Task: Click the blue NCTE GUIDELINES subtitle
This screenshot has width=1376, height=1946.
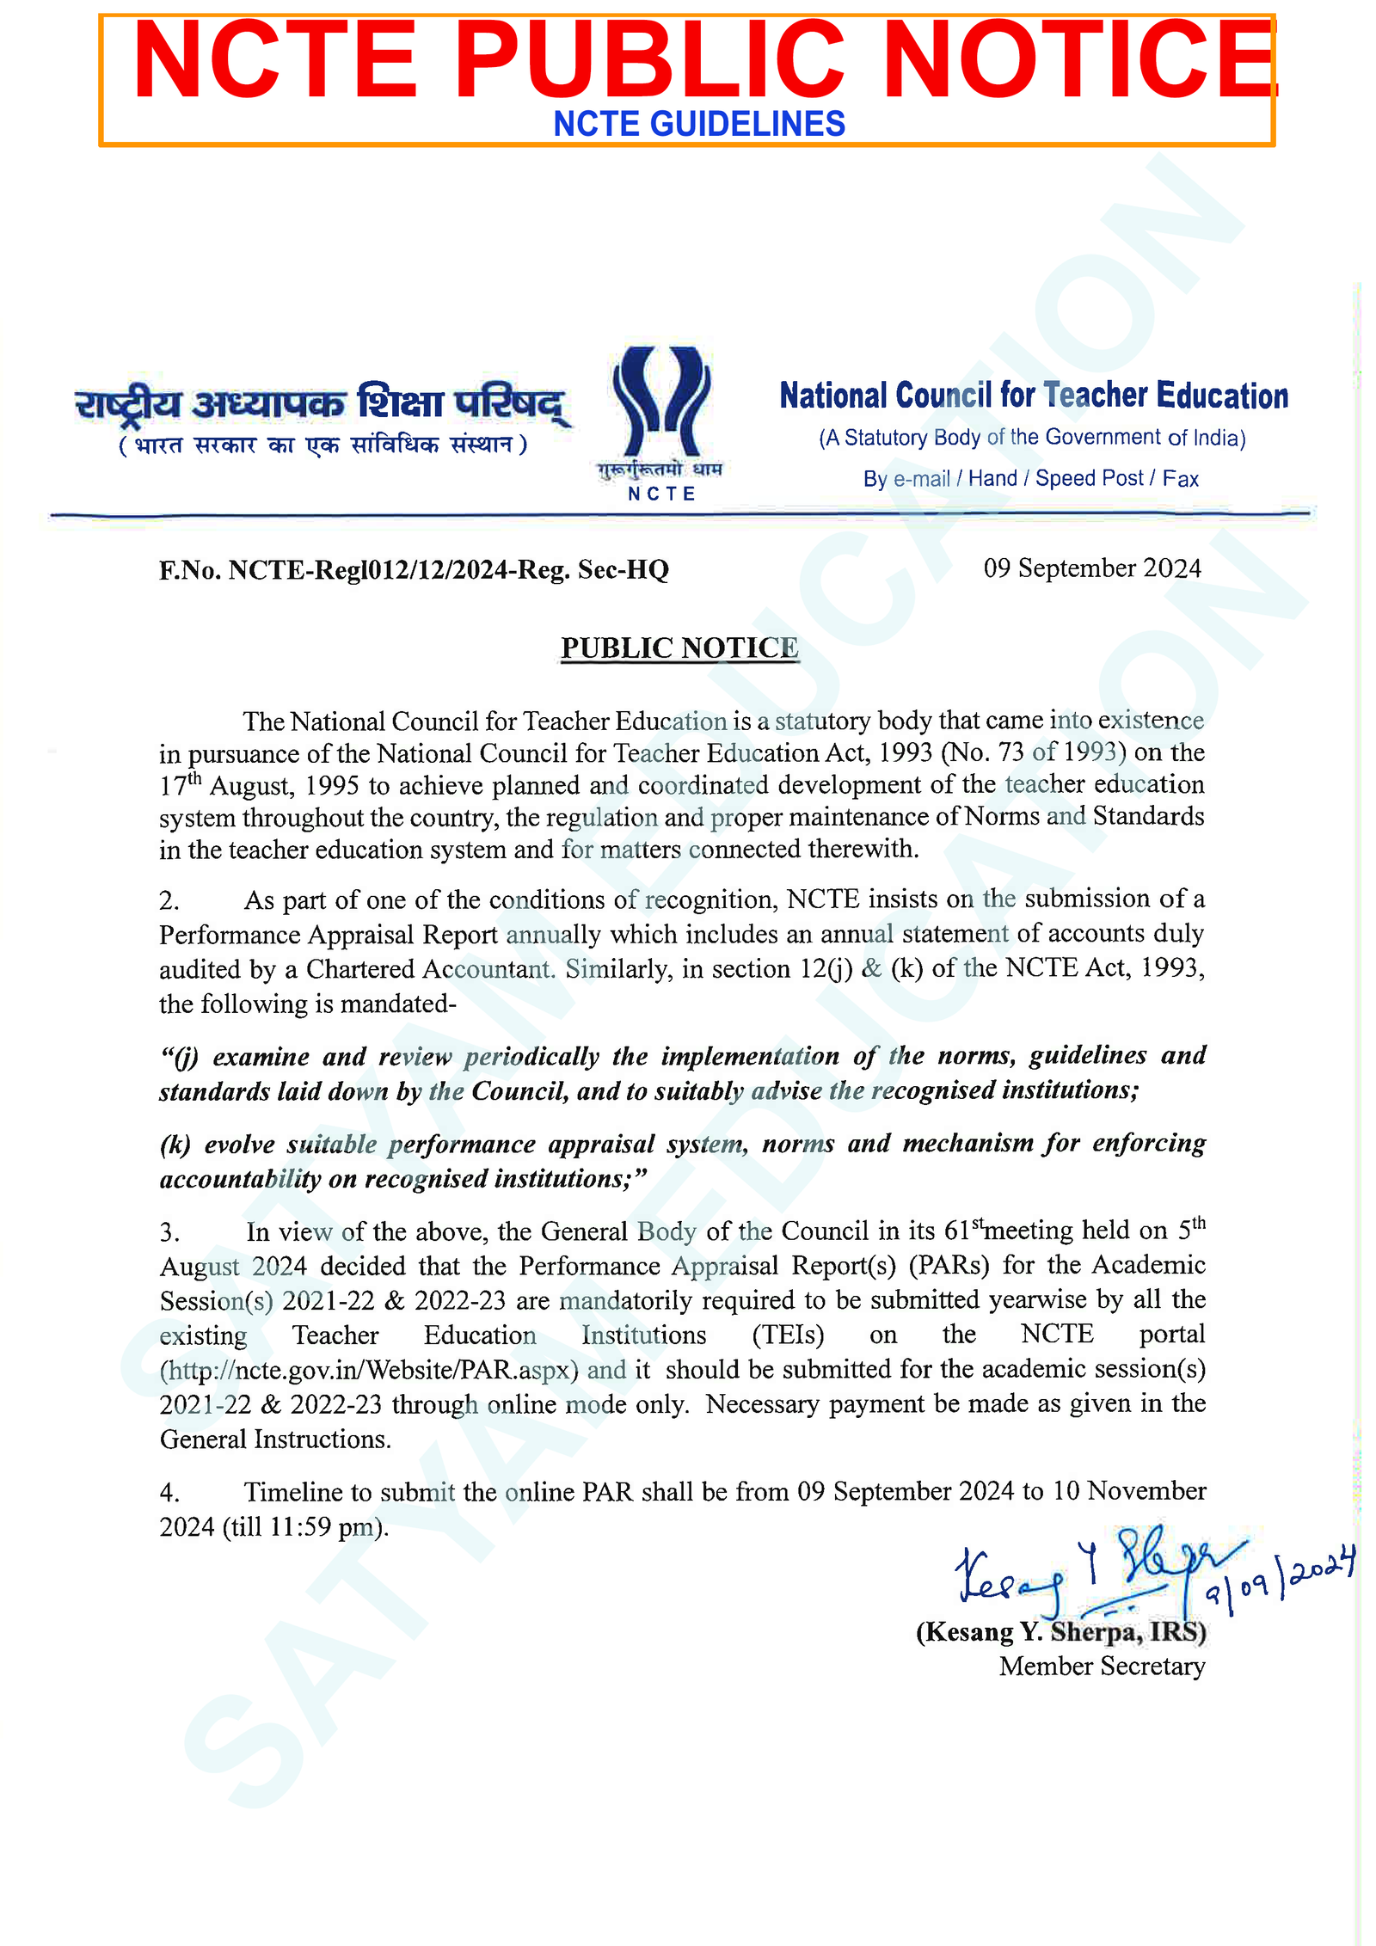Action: coord(698,124)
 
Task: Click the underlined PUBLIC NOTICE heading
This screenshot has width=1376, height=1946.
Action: coord(679,648)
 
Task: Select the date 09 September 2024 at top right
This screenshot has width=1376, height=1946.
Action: coord(1091,568)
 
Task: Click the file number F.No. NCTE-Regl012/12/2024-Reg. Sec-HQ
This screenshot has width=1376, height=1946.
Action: coord(414,569)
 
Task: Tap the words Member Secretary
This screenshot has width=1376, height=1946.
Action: coord(1101,1667)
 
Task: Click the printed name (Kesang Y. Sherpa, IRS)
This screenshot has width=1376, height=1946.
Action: coord(1060,1631)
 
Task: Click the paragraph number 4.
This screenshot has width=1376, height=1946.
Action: coord(169,1492)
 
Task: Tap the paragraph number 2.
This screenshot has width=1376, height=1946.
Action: coord(169,900)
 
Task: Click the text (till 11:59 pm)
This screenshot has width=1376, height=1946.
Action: coord(305,1527)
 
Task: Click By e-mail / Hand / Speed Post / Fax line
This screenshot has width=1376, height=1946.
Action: coord(1030,479)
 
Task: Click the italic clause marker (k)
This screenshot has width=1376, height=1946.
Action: coord(175,1145)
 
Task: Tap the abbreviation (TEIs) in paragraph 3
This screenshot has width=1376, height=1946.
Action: coord(788,1335)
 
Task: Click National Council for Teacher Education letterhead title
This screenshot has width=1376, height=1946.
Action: coord(1033,396)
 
